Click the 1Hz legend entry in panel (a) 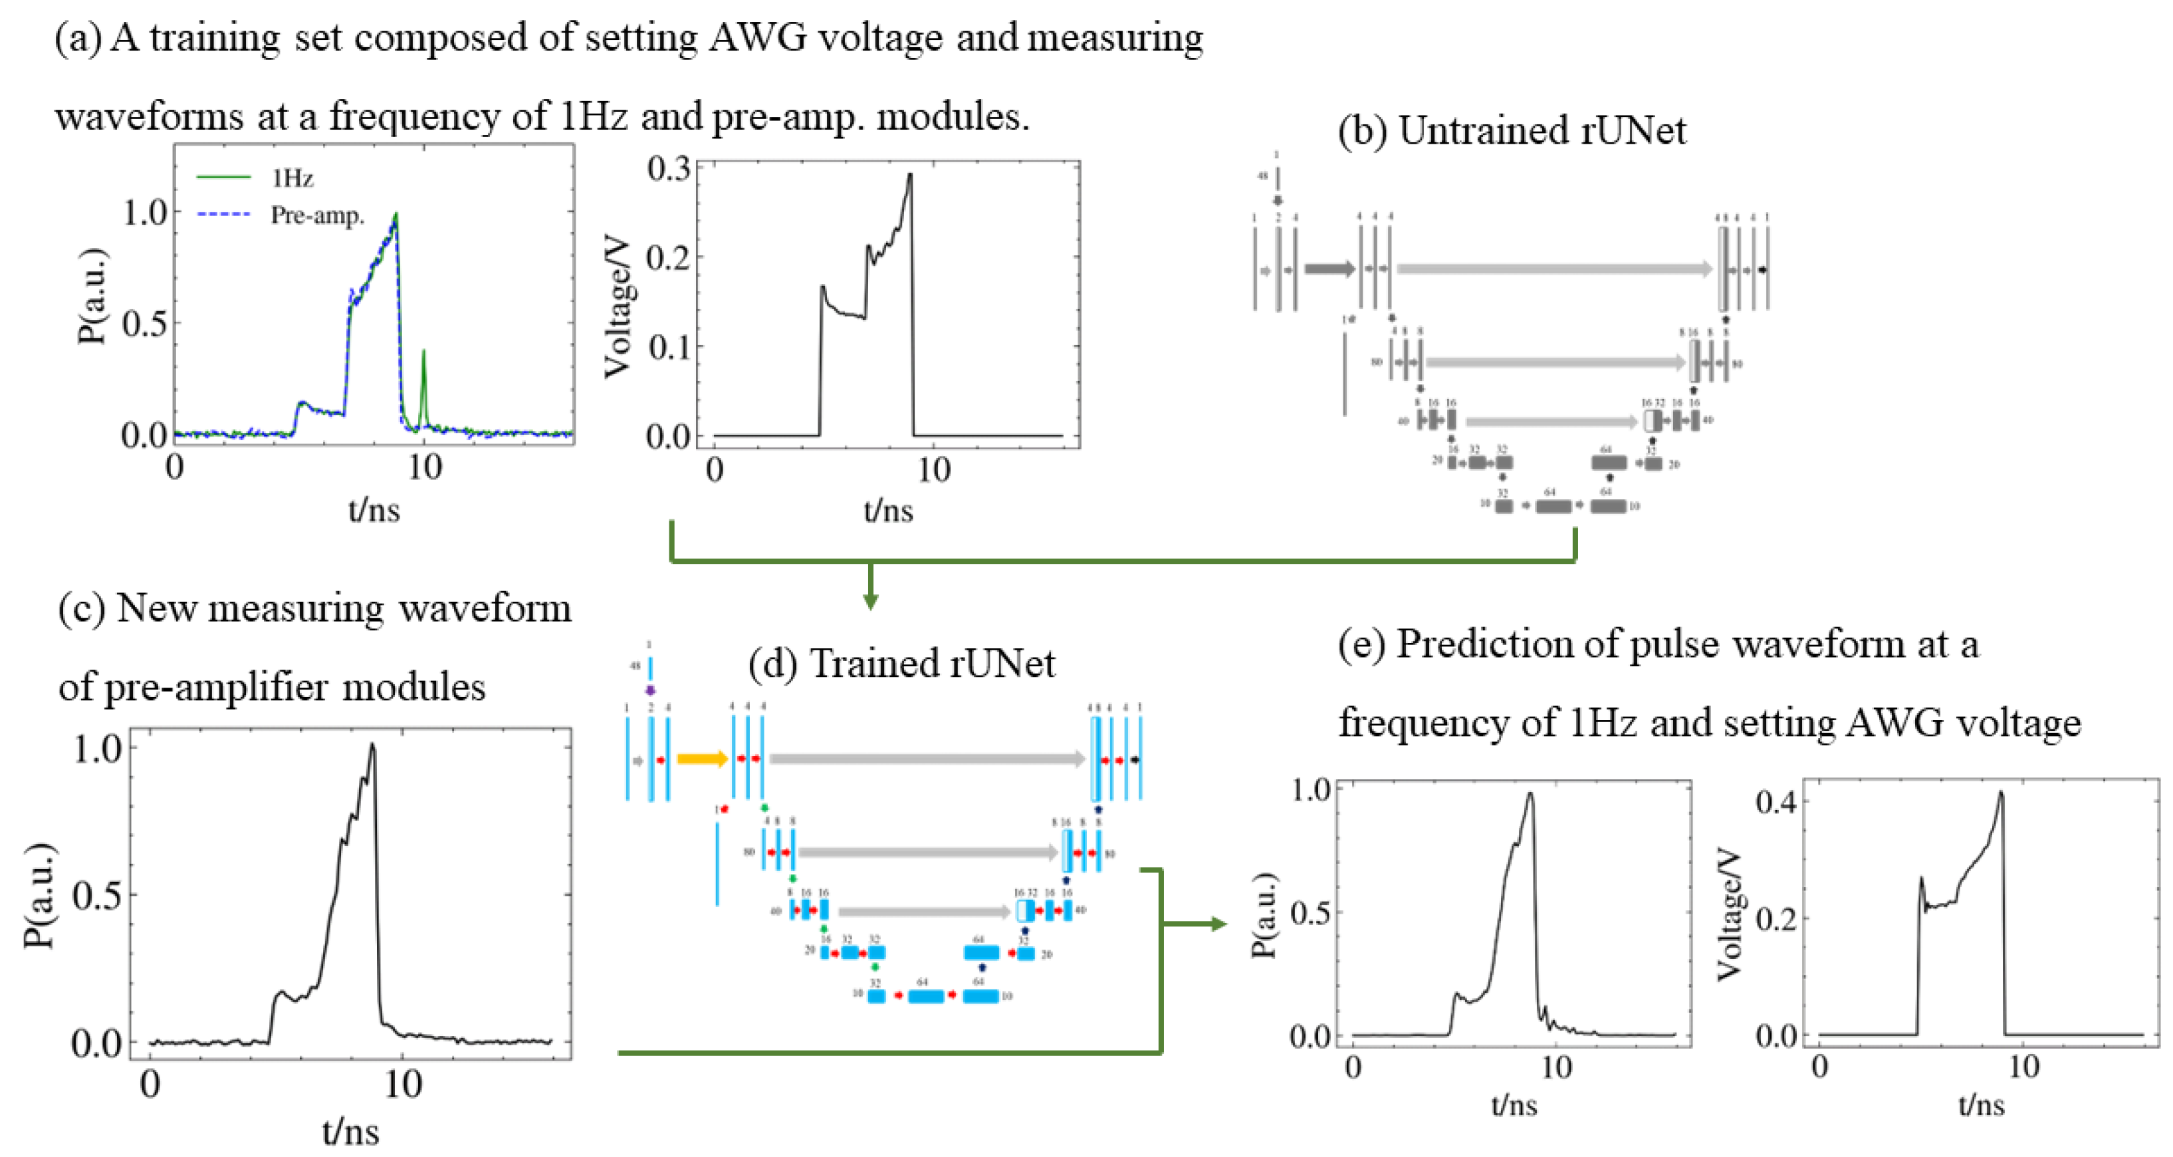(291, 178)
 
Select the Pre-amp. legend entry (316, 216)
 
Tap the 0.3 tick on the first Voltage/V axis (669, 169)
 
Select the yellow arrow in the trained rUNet (702, 759)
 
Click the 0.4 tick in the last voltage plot (1775, 802)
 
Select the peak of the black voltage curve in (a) (910, 175)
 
